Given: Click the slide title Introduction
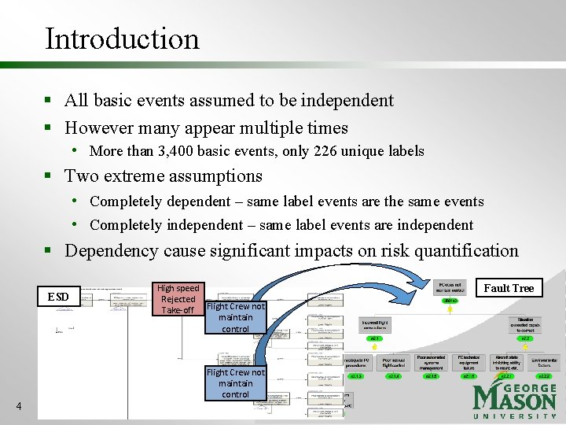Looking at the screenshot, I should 122,38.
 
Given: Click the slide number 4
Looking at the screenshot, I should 19,406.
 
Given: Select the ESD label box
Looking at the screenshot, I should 58,297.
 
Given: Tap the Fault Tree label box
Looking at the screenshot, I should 508,288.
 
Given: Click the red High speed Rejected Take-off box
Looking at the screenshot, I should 178,299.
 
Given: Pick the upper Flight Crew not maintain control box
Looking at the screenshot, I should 235,317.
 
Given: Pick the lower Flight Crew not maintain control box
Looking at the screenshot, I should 235,383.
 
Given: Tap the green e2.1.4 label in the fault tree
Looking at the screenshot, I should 393,375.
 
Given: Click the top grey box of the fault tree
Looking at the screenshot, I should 450,286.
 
